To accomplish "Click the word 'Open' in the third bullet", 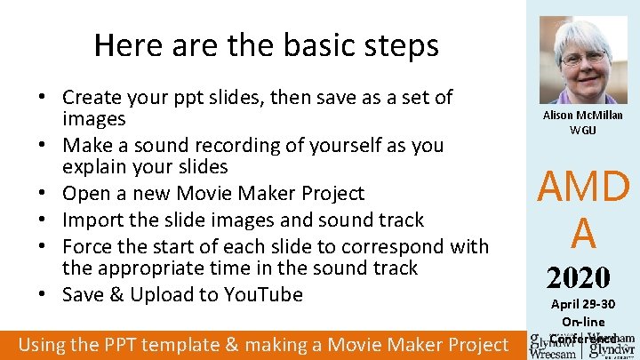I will point(86,193).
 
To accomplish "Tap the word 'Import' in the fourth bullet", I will point(93,220).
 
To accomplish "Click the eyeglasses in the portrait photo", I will point(582,57).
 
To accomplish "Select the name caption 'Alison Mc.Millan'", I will point(583,115).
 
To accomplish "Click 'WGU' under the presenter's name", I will point(583,130).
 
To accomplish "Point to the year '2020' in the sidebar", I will point(578,278).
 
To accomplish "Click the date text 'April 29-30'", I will point(583,305).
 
